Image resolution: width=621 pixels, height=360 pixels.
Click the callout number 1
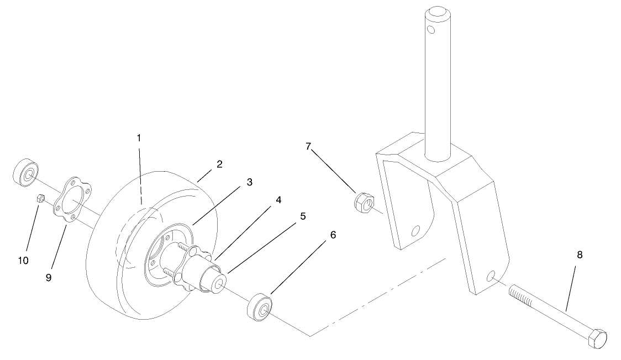coord(139,137)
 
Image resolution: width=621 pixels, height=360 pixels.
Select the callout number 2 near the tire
coord(219,164)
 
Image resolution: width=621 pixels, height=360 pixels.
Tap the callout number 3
coord(249,182)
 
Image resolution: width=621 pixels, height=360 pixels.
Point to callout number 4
coord(278,200)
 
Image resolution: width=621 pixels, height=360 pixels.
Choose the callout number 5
coord(302,216)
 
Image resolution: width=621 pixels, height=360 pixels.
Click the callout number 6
coord(332,235)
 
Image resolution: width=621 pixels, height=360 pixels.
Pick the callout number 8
coord(579,255)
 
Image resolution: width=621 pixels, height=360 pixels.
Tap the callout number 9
coord(49,278)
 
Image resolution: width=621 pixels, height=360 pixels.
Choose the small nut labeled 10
coord(40,198)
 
